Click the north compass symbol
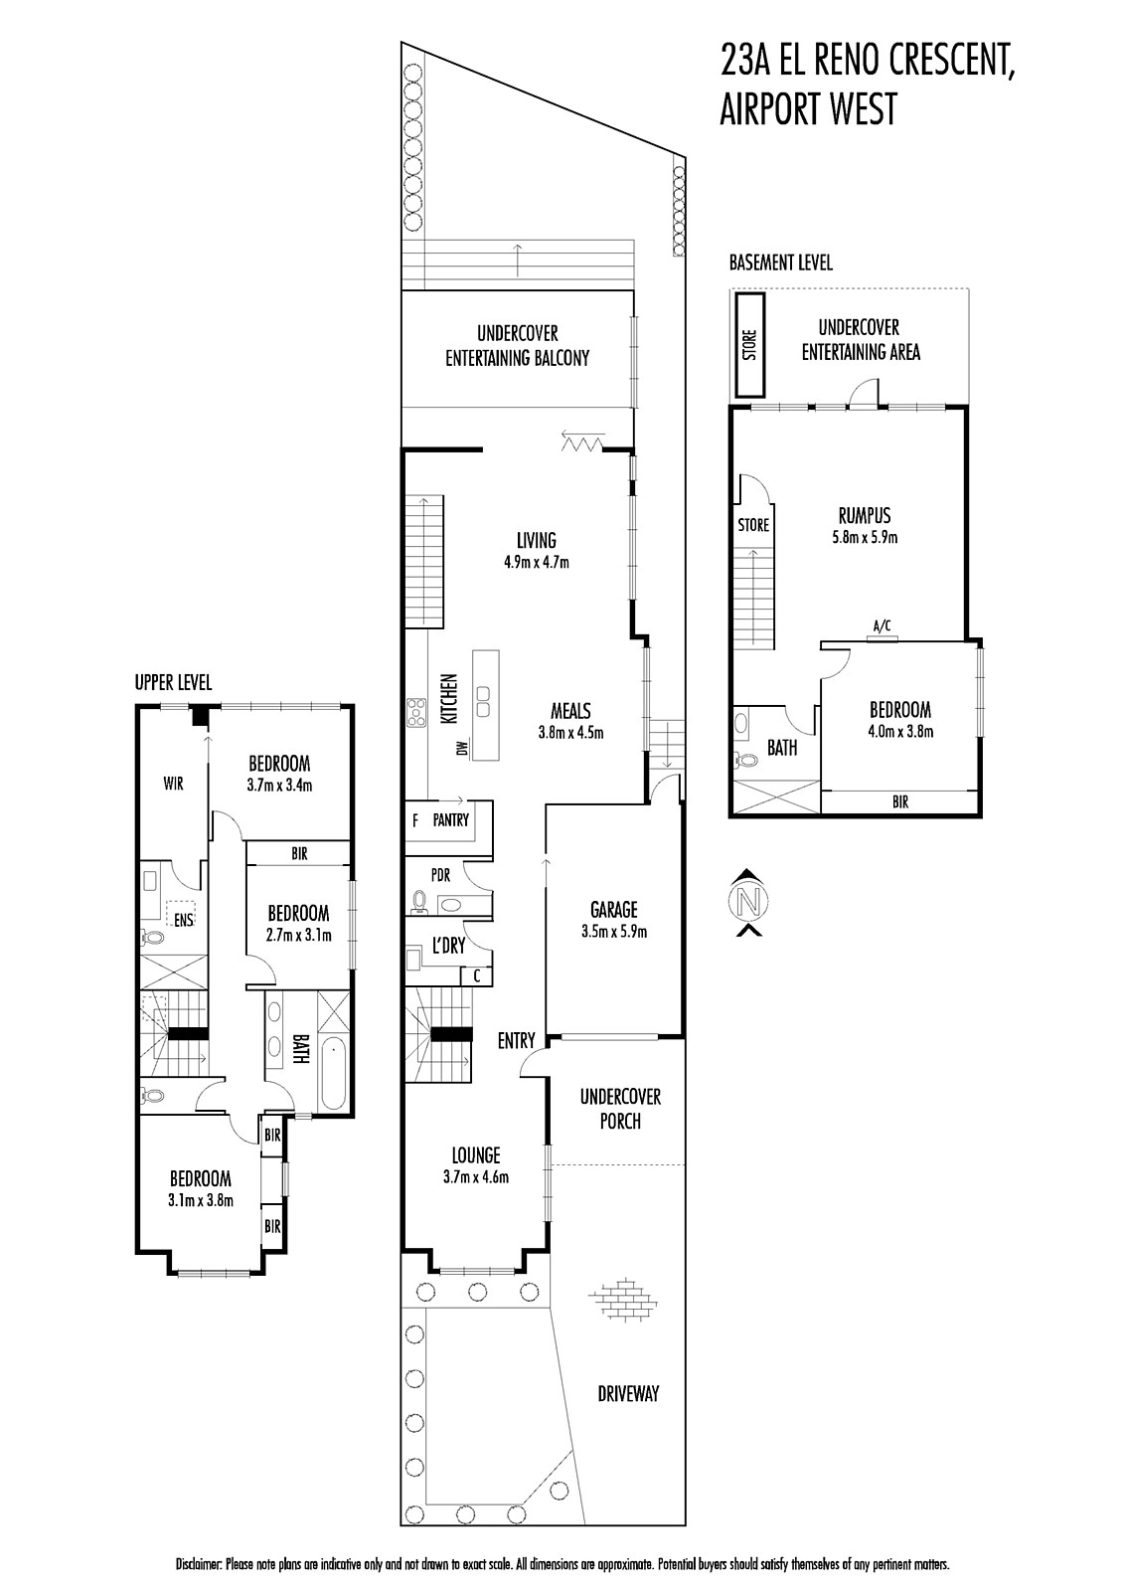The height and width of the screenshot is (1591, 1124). coord(747,902)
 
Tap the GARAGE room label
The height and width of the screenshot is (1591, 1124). coord(614,909)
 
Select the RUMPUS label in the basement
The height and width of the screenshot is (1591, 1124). coord(865,515)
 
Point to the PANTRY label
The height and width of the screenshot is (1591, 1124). coord(451,820)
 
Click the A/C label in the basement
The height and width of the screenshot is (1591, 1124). coord(882,625)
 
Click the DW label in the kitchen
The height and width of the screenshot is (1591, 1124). coord(462,748)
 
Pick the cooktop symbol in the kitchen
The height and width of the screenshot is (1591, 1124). coord(415,713)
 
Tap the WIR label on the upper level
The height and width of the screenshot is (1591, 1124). coord(173,784)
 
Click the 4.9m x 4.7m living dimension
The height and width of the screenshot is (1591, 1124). coord(536,563)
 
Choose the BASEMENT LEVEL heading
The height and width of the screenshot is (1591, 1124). coord(781,263)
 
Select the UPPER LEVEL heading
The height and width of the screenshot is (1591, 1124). coord(173,682)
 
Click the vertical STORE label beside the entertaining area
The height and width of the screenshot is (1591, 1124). coord(749,344)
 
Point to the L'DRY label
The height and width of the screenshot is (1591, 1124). coord(448,946)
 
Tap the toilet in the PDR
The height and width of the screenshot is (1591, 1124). coord(418,901)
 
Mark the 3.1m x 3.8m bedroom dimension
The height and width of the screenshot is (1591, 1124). coord(201,1200)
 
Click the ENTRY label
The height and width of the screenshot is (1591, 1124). coord(516,1041)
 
